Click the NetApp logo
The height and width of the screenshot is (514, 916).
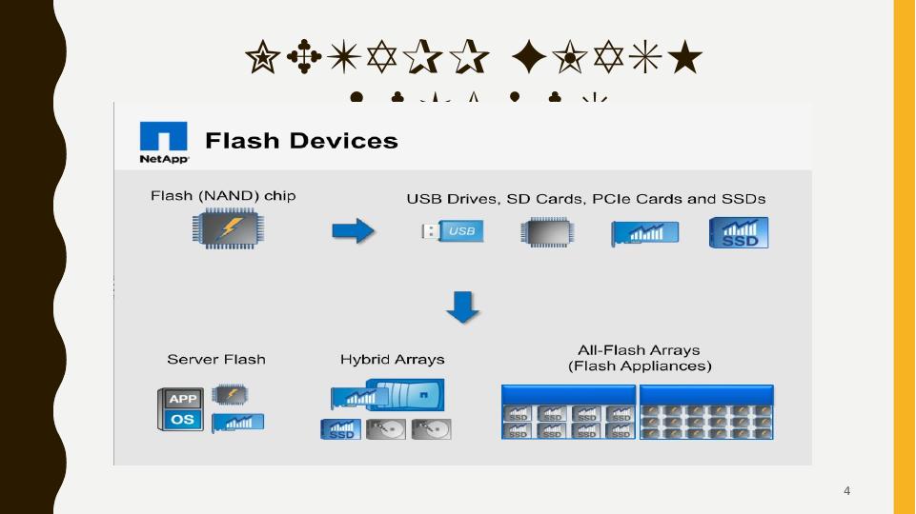[x=164, y=142]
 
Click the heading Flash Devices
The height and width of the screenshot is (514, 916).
[x=301, y=141]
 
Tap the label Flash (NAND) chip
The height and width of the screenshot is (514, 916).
[x=223, y=196]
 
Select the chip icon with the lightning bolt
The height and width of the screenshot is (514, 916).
[x=228, y=229]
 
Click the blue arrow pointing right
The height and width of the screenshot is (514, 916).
[x=353, y=230]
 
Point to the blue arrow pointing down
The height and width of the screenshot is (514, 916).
[x=463, y=306]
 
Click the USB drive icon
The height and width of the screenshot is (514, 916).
[x=453, y=231]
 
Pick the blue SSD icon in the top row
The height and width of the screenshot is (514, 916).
[x=739, y=232]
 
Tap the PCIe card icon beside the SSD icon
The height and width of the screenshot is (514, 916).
[x=644, y=232]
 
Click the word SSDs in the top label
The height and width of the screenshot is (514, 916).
[x=743, y=199]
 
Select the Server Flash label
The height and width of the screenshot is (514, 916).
[x=216, y=360]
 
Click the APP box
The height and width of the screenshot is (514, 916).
[x=182, y=399]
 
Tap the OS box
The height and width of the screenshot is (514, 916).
[x=182, y=420]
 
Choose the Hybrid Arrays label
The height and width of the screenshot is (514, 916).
[x=392, y=360]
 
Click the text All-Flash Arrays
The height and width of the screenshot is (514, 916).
[x=639, y=350]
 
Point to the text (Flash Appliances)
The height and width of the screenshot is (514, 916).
[x=640, y=366]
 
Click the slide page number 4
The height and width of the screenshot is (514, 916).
[x=846, y=491]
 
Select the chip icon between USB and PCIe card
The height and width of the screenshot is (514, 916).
[x=547, y=232]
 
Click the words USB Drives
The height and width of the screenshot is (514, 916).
[x=447, y=199]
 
